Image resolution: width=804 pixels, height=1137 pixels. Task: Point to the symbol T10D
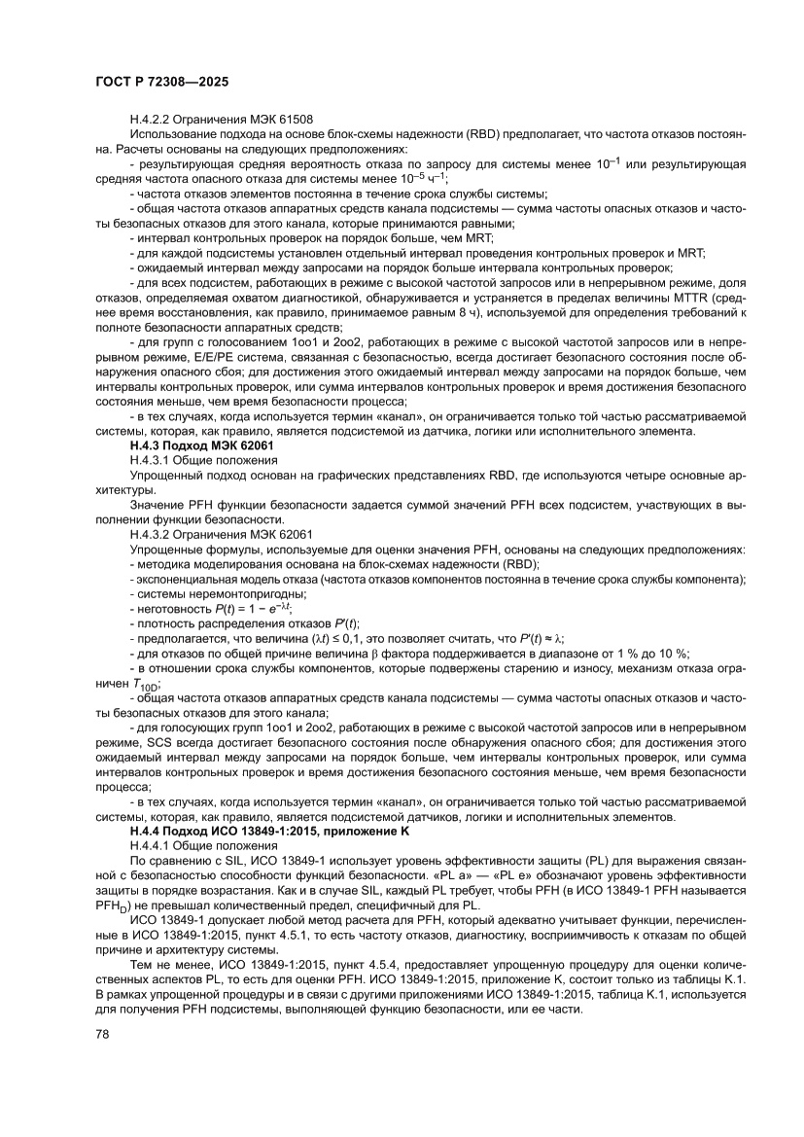(146, 686)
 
